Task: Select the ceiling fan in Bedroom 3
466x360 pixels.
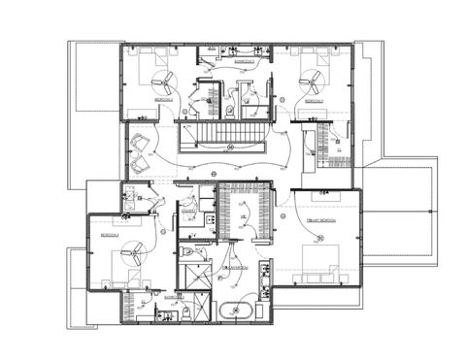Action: (x=316, y=81)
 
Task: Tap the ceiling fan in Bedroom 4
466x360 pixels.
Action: (x=126, y=254)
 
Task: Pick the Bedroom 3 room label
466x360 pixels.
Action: (x=312, y=101)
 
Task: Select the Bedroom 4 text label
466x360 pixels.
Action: (x=108, y=235)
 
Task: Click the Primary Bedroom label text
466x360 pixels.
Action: (x=321, y=222)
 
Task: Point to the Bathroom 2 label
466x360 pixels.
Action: (x=245, y=61)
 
